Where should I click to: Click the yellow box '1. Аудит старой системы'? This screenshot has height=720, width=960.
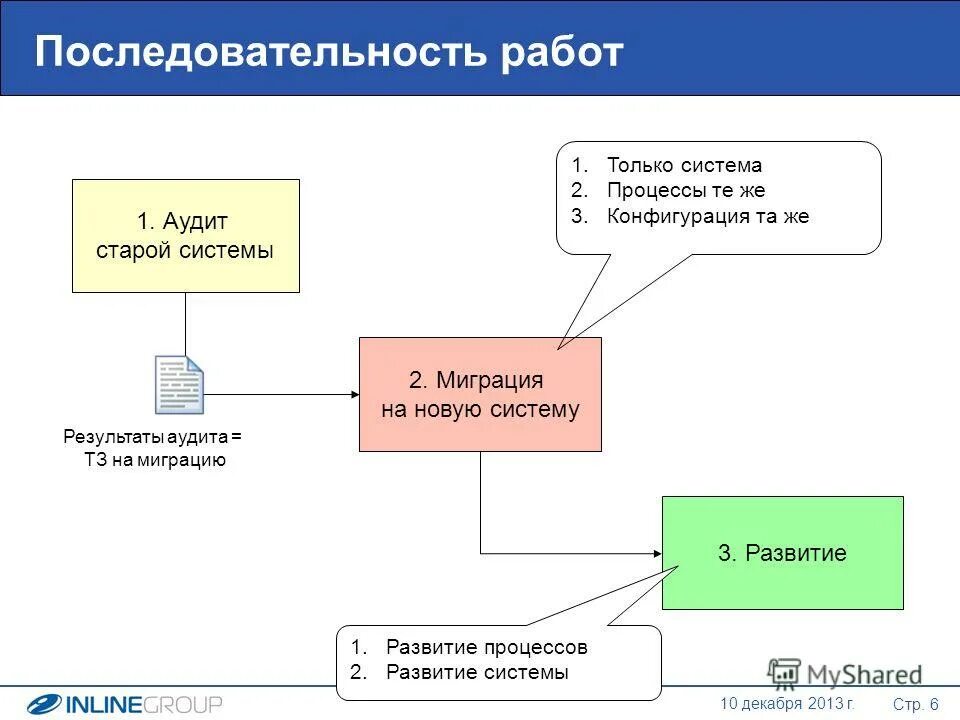(185, 236)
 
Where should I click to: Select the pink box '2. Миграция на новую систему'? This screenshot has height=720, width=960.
(480, 394)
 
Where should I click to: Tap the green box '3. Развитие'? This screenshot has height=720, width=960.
(782, 553)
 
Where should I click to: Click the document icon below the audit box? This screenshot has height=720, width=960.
(179, 384)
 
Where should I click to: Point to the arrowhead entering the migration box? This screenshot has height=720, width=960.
(353, 394)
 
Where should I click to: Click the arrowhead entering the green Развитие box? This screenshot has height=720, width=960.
(656, 553)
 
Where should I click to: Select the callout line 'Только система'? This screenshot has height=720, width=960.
(684, 166)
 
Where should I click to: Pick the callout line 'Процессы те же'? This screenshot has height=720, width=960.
(685, 191)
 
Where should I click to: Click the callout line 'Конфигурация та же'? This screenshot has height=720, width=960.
(707, 216)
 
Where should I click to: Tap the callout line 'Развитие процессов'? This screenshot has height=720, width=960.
(486, 647)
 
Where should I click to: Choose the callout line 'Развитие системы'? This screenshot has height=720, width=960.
(476, 672)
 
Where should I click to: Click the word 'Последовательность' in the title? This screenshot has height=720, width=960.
(254, 52)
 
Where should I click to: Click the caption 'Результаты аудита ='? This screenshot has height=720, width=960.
(153, 437)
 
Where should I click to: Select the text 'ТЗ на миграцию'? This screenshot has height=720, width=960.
(155, 460)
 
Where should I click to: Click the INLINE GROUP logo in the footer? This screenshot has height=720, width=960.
(125, 704)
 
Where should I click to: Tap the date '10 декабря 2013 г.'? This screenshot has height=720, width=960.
(787, 704)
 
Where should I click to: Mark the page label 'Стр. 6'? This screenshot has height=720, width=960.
(915, 704)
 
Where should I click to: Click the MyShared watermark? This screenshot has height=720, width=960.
(845, 673)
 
